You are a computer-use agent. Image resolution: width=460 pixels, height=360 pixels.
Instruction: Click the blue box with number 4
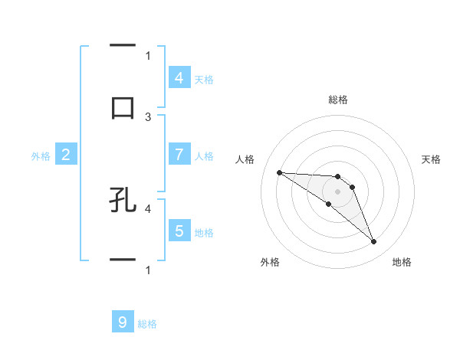click(x=179, y=77)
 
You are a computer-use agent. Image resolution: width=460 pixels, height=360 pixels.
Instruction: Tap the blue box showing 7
click(x=179, y=154)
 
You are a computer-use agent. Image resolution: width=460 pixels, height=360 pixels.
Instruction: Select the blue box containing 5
click(x=179, y=231)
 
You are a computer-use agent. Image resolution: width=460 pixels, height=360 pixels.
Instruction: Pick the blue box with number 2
click(x=66, y=155)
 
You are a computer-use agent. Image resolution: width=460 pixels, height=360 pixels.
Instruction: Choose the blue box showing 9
click(x=123, y=322)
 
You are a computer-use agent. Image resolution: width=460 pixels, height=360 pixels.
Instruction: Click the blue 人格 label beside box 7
click(x=204, y=155)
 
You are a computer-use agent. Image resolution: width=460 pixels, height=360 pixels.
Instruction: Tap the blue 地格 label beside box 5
click(x=204, y=232)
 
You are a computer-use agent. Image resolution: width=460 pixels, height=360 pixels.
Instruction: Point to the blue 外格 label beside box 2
click(x=41, y=155)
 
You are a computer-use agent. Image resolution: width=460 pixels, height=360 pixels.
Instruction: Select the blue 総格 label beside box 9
click(x=147, y=324)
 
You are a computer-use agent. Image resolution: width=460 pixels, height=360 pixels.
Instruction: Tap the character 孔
click(x=123, y=200)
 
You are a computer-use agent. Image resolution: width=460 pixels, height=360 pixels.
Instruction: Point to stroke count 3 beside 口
click(x=148, y=116)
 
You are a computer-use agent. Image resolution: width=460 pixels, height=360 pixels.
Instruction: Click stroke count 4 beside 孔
click(x=148, y=208)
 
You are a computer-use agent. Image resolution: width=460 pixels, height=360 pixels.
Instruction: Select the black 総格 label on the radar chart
click(x=337, y=100)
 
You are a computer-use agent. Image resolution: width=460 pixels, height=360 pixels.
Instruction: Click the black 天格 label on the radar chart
click(x=431, y=159)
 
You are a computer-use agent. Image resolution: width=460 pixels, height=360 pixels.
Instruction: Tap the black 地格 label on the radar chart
click(x=402, y=262)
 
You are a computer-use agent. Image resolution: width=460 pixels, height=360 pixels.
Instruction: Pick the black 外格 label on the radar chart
click(x=270, y=262)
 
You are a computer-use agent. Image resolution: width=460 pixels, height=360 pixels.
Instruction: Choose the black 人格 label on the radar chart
click(x=245, y=159)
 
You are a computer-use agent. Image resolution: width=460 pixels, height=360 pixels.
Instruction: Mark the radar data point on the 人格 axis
click(x=279, y=172)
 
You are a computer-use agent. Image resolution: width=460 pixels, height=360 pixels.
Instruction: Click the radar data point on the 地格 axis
click(x=373, y=242)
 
